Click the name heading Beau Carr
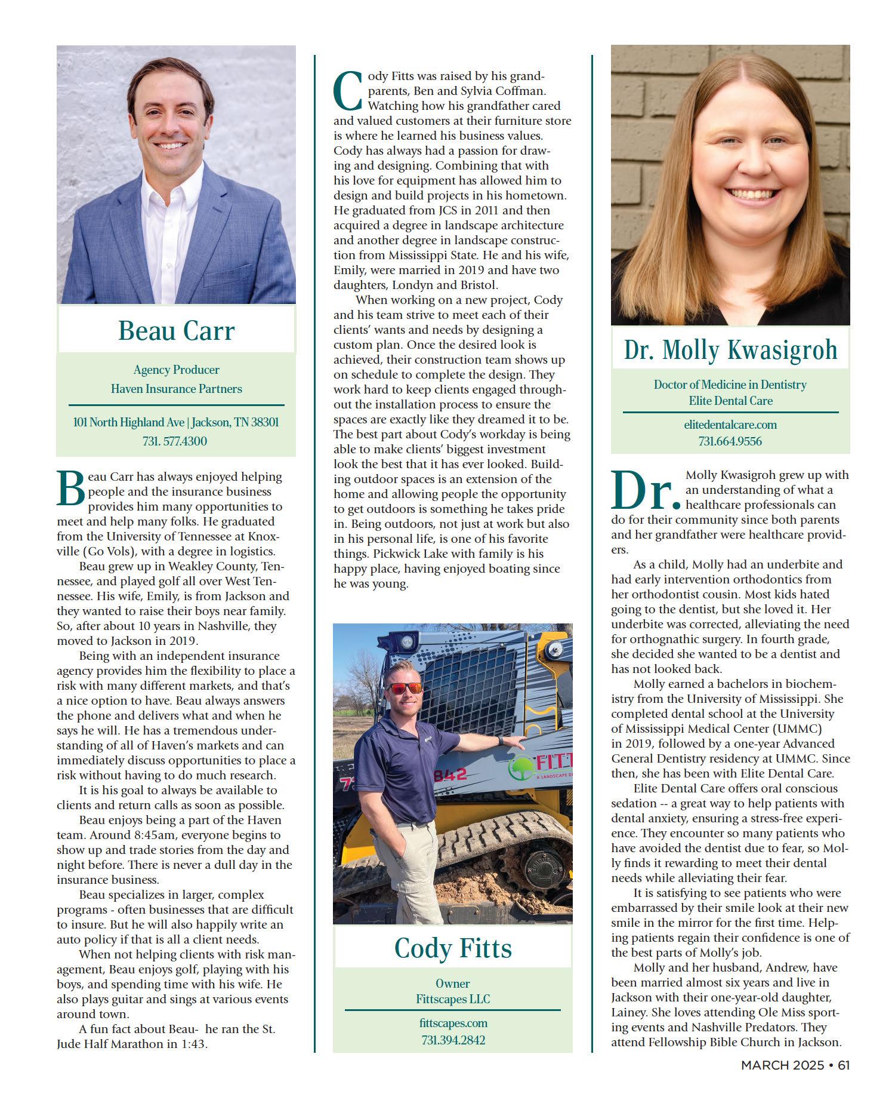point(176,331)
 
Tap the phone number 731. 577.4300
point(175,441)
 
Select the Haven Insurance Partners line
point(176,389)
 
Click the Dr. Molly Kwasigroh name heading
point(730,350)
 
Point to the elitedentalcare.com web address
point(730,425)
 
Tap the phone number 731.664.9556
point(730,441)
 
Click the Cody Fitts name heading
point(453,948)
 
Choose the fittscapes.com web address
point(453,1023)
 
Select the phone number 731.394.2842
point(453,1040)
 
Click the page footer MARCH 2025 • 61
point(795,1065)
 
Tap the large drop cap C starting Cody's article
point(347,91)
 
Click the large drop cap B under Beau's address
point(70,488)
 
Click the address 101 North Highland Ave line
point(175,422)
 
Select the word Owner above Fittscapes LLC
point(453,983)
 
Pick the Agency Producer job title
point(176,370)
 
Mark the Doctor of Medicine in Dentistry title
point(730,385)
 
